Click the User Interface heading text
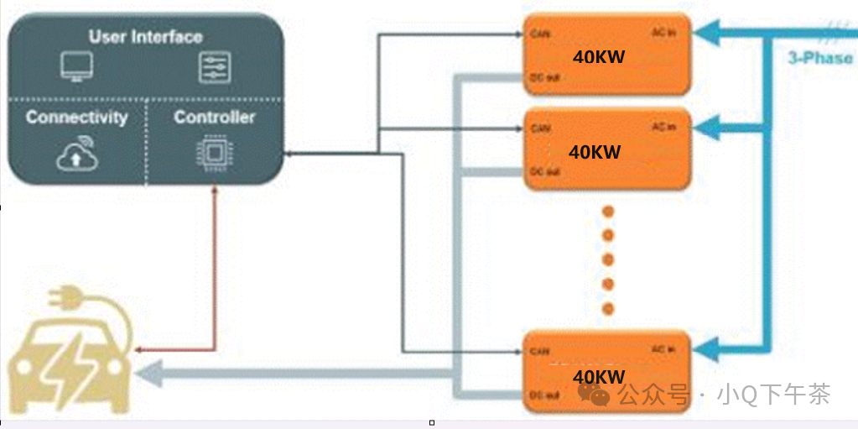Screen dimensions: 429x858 145,36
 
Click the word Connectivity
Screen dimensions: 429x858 76,117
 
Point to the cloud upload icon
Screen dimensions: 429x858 75,154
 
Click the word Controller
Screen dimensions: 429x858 214,117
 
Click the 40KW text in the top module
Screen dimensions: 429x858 599,57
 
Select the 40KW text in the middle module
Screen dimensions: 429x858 595,152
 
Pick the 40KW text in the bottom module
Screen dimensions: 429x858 599,376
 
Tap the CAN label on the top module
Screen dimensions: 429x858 539,34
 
